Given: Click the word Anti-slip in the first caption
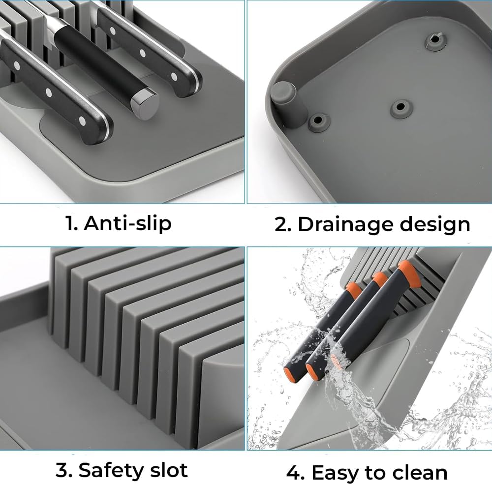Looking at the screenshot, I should [x=127, y=223].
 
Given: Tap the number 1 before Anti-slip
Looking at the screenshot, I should [x=72, y=223].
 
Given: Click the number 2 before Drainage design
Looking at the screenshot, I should [x=282, y=224].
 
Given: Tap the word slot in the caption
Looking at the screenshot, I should [x=168, y=470].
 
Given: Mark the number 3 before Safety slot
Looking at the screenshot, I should [x=64, y=470].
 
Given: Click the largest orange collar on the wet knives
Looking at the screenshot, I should [x=409, y=274].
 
